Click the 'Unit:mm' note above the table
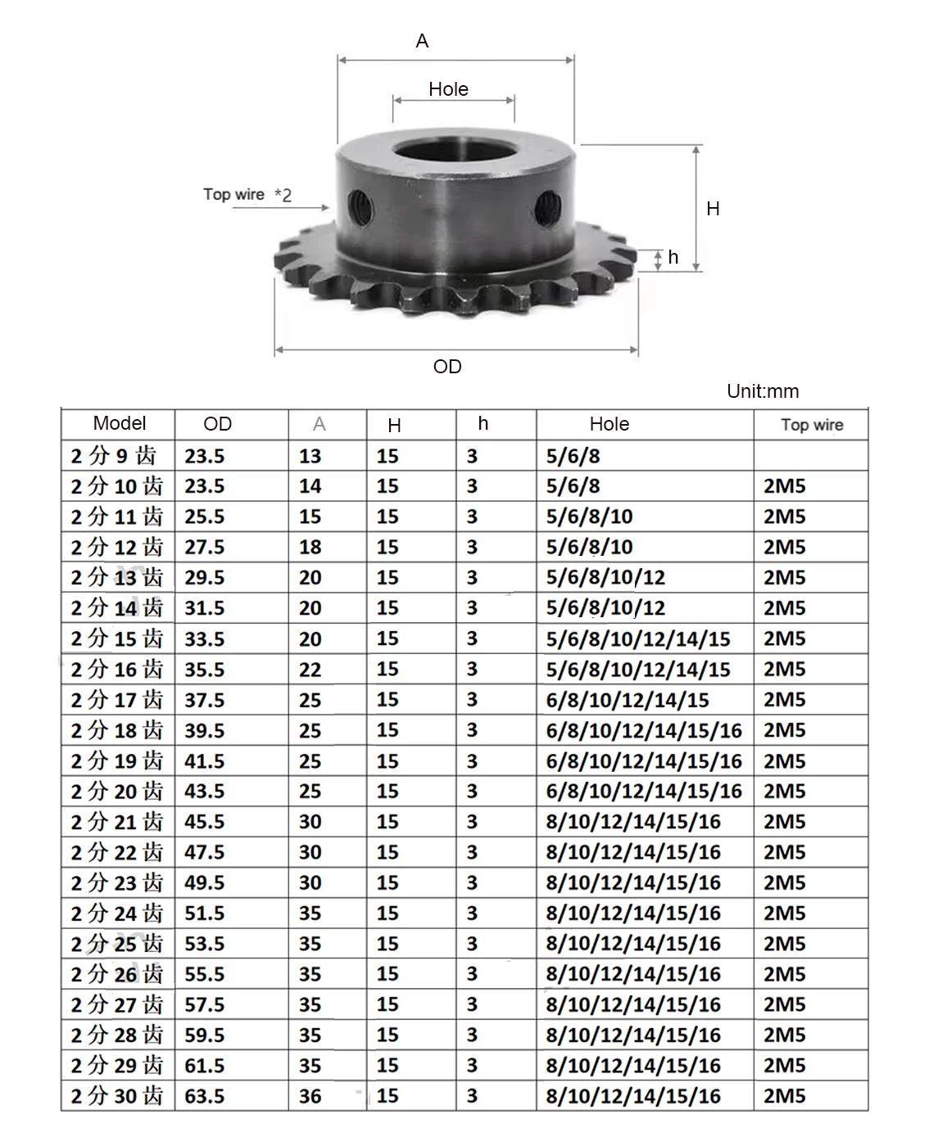763,391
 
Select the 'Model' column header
120,423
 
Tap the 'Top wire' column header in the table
811,425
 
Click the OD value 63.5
205,1096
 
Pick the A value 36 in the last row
310,1096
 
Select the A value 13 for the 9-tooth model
310,456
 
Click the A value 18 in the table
310,547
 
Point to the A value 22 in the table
310,670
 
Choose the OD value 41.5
205,761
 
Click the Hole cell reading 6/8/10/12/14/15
628,700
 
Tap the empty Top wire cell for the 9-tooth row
810,456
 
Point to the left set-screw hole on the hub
360,207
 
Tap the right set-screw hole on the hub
547,208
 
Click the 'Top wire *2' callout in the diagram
247,195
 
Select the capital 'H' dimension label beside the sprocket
713,209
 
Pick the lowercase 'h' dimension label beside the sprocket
673,258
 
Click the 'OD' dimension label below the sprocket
447,367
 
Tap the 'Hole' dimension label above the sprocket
448,89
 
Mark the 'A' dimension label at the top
422,41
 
